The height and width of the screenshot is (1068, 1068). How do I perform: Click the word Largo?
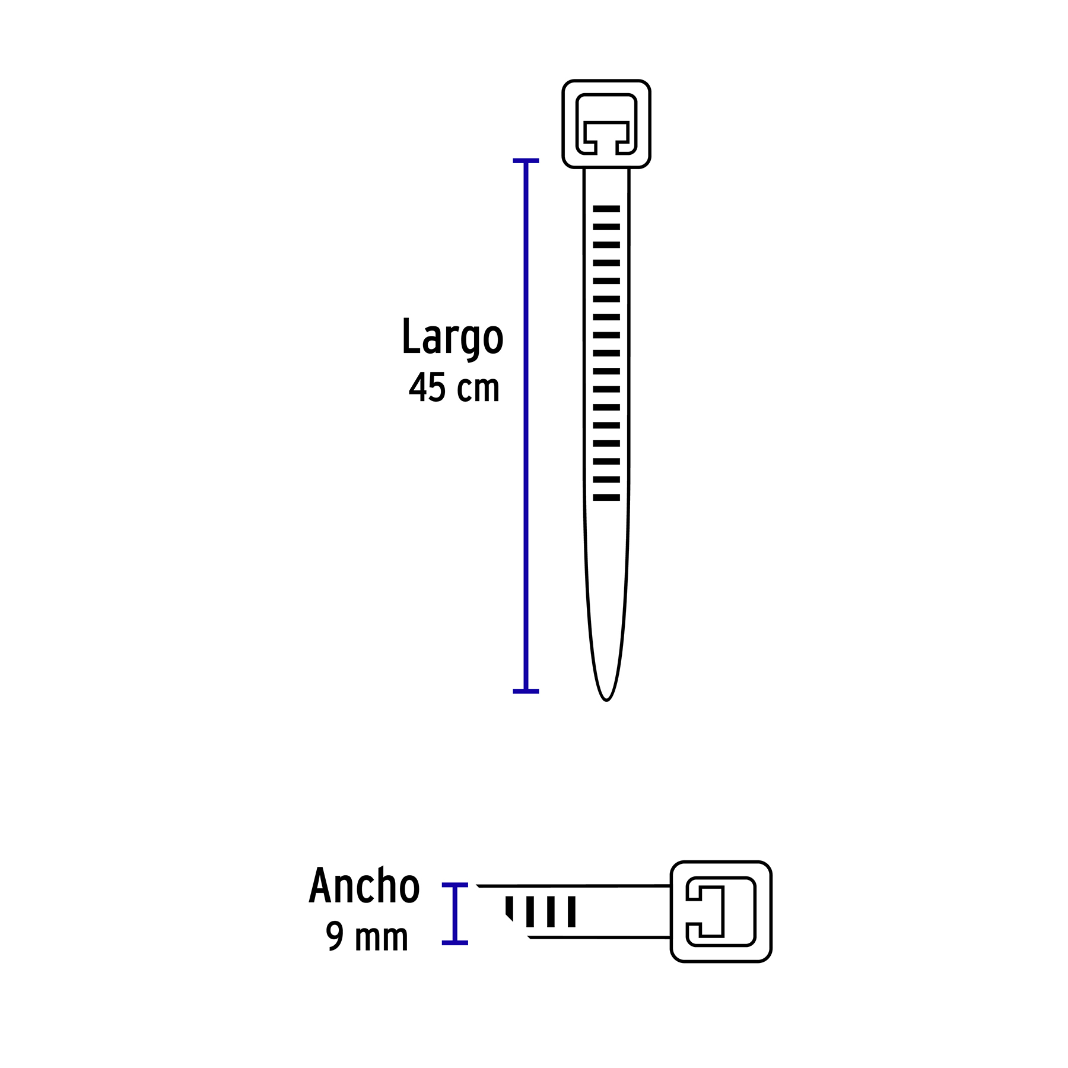point(452,336)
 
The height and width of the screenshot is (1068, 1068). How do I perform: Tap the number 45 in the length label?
point(427,388)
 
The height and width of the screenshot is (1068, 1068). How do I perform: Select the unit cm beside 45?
point(478,389)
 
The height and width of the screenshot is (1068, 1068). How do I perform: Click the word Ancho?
point(364,886)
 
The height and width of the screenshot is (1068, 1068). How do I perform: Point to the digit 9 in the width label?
point(335,936)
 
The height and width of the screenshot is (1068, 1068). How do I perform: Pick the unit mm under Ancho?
point(382,938)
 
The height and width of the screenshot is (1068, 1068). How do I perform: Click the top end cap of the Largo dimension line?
point(526,161)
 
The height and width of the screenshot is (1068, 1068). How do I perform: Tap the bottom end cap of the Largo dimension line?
point(526,691)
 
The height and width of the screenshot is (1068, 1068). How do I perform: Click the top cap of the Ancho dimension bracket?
point(455,885)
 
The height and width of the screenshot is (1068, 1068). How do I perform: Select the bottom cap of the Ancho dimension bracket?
point(455,943)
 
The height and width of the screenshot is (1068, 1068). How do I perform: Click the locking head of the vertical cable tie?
point(606,124)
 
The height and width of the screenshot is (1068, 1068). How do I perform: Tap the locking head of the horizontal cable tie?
point(721,911)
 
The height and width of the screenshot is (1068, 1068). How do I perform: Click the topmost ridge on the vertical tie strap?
point(606,209)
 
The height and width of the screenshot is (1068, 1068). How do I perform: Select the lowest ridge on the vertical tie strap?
point(606,498)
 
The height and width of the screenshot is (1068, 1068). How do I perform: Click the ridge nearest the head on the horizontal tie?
point(572,911)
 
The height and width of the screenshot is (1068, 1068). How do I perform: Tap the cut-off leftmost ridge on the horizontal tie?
point(509,908)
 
